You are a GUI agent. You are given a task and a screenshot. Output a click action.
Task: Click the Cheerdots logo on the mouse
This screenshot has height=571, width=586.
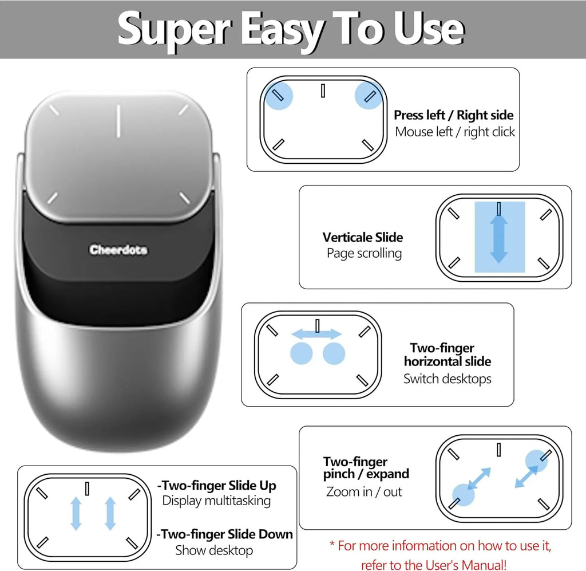118,250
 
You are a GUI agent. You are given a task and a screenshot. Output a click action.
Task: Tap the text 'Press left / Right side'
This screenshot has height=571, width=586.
453,115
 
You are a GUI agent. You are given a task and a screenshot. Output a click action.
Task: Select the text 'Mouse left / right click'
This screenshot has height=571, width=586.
455,132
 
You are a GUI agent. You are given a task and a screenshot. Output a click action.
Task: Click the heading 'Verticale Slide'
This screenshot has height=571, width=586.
362,237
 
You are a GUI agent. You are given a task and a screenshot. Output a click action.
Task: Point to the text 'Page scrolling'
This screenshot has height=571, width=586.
364,253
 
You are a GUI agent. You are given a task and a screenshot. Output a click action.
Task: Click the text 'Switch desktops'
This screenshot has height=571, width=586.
447,379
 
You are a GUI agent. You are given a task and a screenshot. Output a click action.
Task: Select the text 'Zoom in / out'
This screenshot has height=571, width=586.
364,491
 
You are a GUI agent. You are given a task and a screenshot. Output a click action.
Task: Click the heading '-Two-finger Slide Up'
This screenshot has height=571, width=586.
216,486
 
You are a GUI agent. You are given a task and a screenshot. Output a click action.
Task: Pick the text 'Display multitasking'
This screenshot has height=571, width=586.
216,501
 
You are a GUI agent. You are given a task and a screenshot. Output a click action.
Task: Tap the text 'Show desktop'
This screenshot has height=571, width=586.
214,550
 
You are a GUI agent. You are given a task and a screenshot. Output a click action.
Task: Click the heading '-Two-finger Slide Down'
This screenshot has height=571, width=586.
224,534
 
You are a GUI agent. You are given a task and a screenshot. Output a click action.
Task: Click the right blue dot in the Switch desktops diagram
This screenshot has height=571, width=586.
334,354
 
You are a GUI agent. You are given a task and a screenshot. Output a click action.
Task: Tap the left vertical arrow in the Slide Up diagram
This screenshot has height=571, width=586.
76,513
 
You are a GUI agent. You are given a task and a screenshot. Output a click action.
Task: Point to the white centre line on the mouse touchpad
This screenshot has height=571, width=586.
117,121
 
